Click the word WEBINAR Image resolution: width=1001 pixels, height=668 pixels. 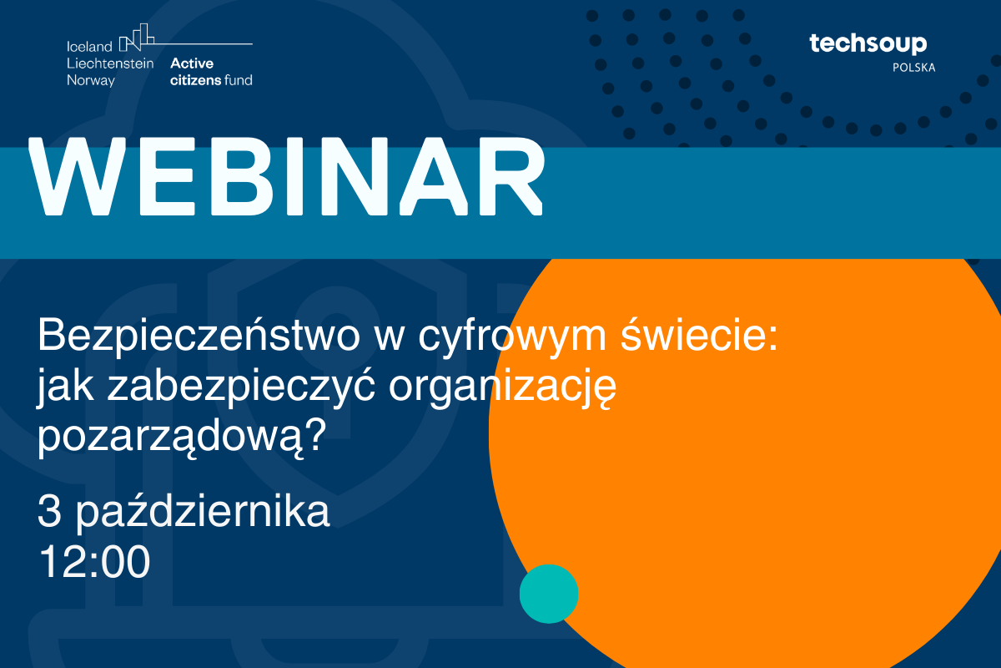pyautogui.click(x=286, y=176)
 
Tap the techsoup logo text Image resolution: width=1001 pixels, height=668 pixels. pyautogui.click(x=868, y=44)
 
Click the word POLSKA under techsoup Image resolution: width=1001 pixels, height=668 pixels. pyautogui.click(x=914, y=68)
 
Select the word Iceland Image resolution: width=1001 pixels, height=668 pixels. pyautogui.click(x=89, y=47)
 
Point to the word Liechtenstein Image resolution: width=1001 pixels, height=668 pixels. pyautogui.click(x=110, y=63)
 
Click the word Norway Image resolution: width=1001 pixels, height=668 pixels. pyautogui.click(x=91, y=81)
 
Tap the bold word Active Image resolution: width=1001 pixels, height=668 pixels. pyautogui.click(x=192, y=63)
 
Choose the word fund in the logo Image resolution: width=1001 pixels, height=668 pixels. pyautogui.click(x=239, y=80)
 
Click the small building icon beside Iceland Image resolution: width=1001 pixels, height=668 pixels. pyautogui.click(x=137, y=37)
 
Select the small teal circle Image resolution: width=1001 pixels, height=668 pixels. pyautogui.click(x=549, y=594)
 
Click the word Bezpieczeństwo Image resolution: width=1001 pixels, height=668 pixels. pyautogui.click(x=199, y=336)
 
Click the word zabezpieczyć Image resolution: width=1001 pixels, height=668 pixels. pyautogui.click(x=241, y=387)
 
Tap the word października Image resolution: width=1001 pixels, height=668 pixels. pyautogui.click(x=203, y=510)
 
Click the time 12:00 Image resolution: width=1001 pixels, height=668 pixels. pyautogui.click(x=95, y=562)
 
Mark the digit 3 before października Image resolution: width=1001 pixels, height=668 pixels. pyautogui.click(x=49, y=511)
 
